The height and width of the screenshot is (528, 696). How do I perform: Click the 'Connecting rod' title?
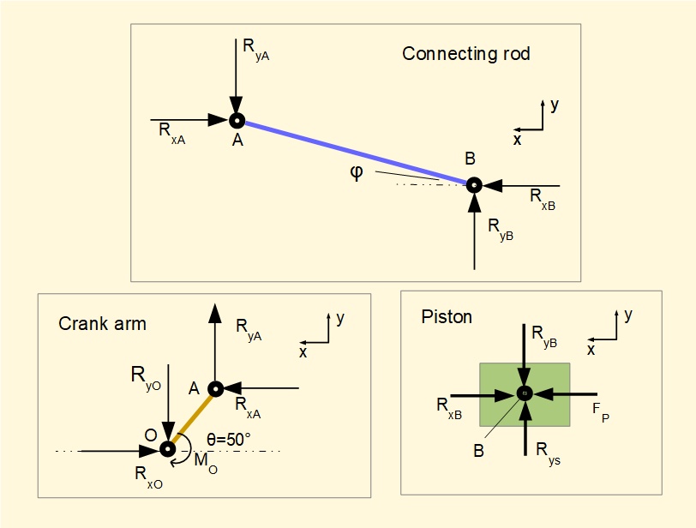465,54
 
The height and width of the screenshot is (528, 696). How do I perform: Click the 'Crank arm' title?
102,324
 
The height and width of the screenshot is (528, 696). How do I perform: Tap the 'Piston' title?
447,317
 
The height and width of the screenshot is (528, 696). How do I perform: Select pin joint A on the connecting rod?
237,121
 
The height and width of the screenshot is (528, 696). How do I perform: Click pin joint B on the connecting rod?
473,184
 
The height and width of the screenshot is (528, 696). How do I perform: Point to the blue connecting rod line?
355,153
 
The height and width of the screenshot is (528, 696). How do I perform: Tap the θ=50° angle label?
229,440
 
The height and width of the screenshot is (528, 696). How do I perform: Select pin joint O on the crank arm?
167,448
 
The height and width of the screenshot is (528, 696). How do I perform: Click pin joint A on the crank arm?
216,389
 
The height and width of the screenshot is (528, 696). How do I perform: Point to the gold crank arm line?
192,418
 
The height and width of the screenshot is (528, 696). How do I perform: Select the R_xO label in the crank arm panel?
148,473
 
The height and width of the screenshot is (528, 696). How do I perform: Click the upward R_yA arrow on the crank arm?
215,343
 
